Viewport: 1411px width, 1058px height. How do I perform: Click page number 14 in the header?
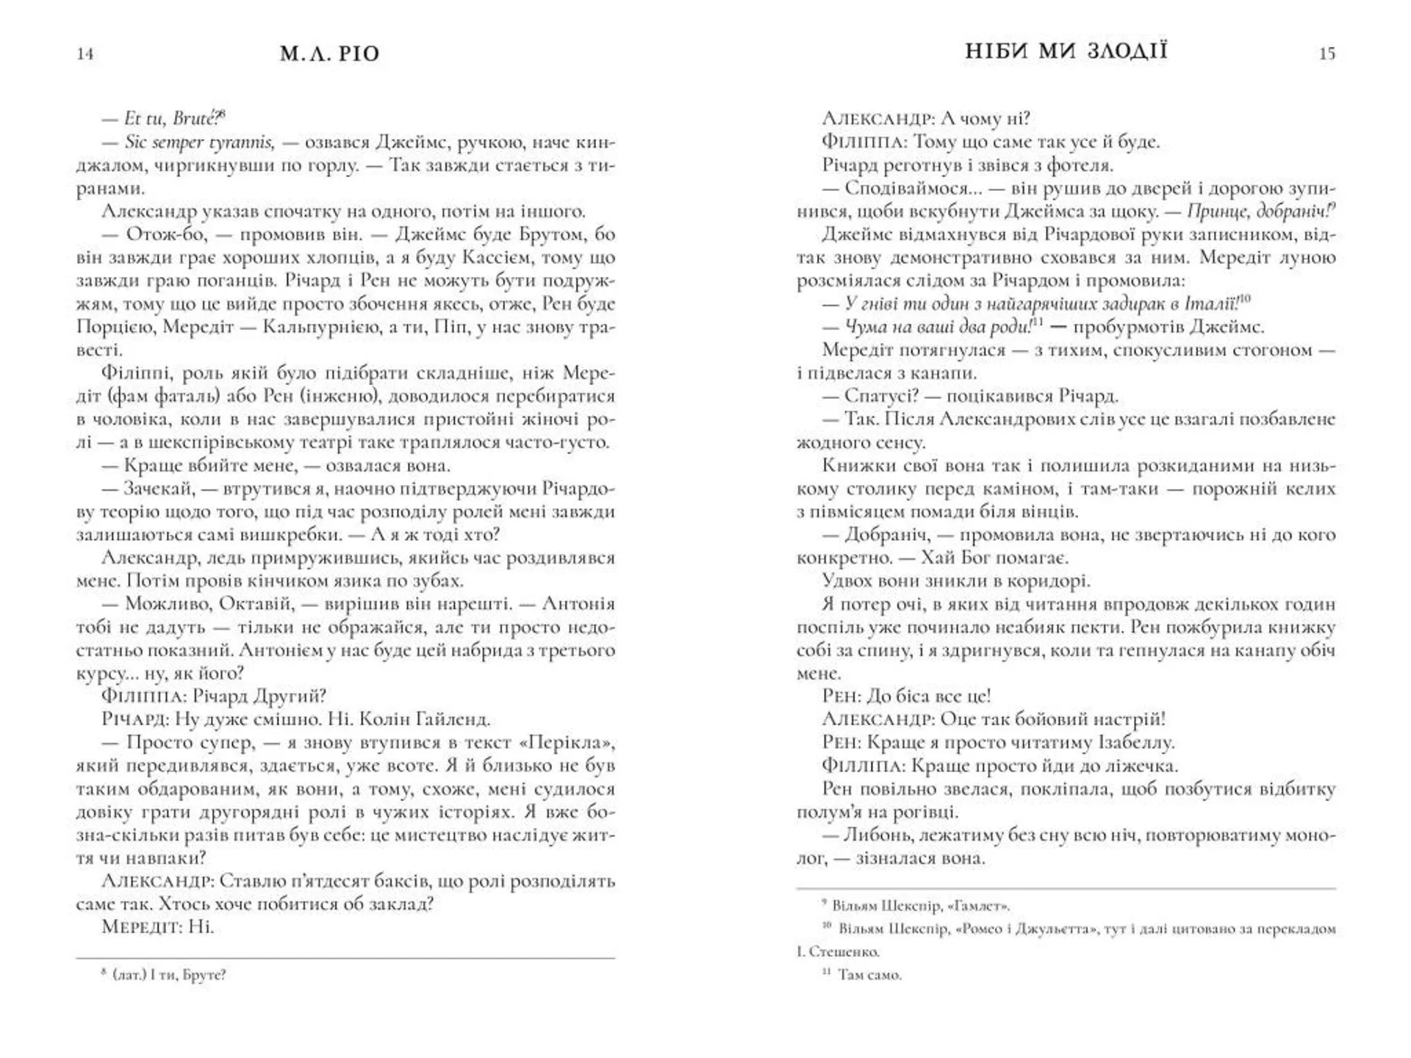85,54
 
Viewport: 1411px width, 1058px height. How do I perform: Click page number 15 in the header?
1326,54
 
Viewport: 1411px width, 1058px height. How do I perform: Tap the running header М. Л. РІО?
330,54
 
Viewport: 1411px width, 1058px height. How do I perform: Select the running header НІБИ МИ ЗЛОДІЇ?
1066,51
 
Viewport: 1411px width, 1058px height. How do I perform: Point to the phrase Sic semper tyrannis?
199,142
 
